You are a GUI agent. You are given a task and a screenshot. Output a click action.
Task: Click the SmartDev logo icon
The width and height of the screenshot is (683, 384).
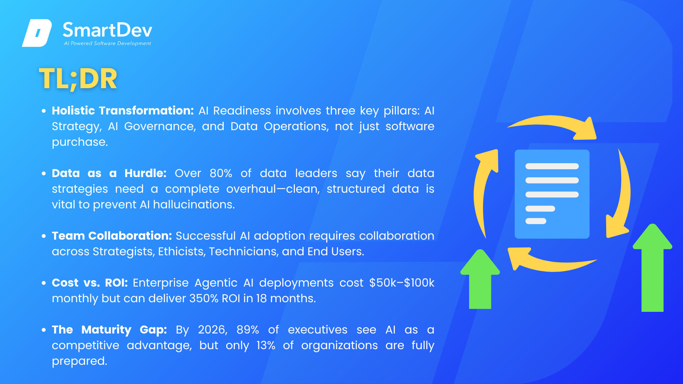tap(37, 33)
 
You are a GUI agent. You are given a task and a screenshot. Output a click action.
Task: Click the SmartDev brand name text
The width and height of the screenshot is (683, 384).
tap(107, 30)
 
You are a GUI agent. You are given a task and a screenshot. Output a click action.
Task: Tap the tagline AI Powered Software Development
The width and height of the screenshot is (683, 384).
tap(107, 43)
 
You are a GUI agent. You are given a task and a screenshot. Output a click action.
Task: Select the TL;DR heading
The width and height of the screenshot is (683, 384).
tap(78, 79)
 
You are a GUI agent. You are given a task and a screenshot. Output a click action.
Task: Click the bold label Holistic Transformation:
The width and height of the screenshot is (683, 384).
tap(123, 111)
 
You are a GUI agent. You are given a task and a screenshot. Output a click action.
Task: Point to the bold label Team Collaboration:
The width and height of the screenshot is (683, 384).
tap(112, 236)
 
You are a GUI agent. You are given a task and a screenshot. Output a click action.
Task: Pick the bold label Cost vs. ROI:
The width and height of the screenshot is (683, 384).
tap(90, 283)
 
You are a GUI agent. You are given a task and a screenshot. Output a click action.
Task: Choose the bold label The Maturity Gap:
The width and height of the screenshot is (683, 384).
tap(110, 330)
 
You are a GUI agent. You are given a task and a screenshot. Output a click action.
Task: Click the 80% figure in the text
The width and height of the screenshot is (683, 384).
tap(221, 173)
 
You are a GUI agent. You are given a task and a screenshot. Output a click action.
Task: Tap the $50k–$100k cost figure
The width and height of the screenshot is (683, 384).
tap(402, 283)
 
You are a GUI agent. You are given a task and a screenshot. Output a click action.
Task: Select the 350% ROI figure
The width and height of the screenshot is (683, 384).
tap(204, 298)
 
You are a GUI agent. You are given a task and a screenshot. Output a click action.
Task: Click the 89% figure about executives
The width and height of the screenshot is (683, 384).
tap(248, 330)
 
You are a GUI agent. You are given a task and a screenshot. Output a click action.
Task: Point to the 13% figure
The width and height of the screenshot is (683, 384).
tap(266, 345)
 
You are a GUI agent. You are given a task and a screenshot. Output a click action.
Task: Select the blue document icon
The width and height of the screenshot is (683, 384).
tap(552, 194)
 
